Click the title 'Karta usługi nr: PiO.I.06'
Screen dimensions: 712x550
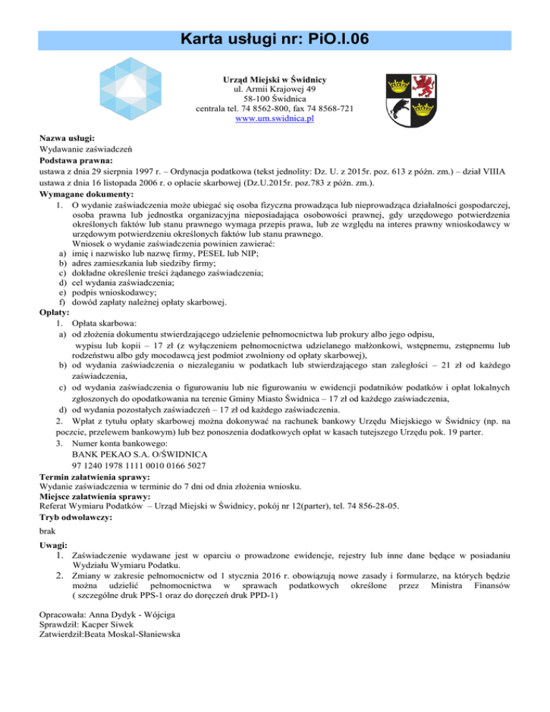[x=275, y=37]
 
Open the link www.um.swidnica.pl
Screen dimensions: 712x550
[x=275, y=119]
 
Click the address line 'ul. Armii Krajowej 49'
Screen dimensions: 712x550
[x=275, y=89]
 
